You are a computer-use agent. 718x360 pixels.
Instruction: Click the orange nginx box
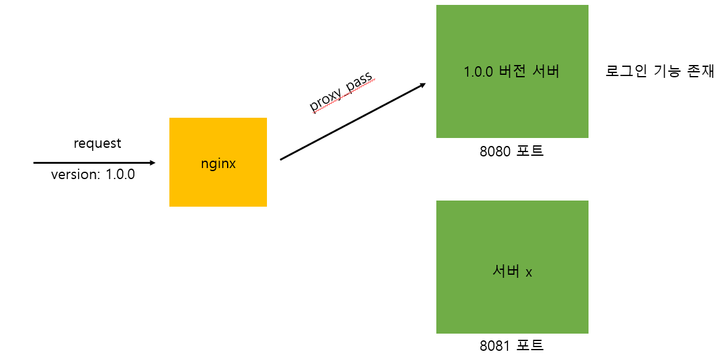point(218,184)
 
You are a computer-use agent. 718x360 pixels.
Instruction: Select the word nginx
point(218,164)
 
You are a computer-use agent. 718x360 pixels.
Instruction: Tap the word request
point(97,144)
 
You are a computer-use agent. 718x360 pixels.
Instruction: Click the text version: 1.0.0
point(93,174)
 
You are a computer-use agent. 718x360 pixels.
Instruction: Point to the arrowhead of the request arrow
point(152,163)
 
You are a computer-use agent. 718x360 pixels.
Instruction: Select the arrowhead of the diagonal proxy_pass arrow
point(422,85)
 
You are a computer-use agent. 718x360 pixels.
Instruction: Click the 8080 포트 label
point(512,151)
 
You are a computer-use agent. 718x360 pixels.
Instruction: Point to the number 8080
point(496,151)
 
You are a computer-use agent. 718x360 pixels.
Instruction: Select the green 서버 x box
point(512,301)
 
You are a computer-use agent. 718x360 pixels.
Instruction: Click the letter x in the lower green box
point(528,272)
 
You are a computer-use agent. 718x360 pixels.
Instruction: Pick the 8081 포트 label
point(512,345)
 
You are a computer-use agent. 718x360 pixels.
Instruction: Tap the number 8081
point(496,345)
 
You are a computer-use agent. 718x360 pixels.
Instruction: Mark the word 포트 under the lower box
point(530,345)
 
